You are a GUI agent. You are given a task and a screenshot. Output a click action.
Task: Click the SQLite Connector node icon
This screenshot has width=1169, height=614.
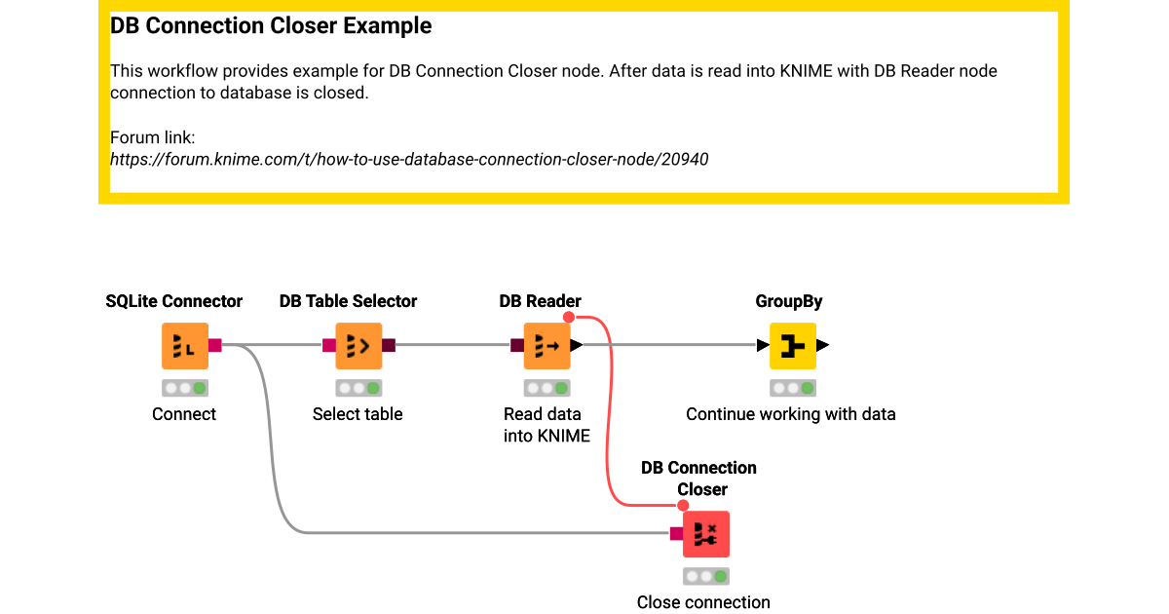(184, 346)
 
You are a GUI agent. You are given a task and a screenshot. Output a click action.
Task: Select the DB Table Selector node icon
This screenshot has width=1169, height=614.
(358, 346)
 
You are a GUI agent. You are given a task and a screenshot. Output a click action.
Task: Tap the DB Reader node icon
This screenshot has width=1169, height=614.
(547, 346)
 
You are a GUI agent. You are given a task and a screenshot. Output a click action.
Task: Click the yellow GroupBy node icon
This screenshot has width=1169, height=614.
(792, 346)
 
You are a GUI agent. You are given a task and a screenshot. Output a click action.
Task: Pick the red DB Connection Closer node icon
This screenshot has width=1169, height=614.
(705, 534)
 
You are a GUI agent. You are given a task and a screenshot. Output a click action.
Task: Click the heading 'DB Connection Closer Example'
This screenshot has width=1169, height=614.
(271, 26)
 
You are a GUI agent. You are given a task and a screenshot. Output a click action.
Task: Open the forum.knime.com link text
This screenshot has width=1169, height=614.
(409, 159)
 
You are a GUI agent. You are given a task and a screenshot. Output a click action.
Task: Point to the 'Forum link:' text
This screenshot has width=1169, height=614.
(153, 137)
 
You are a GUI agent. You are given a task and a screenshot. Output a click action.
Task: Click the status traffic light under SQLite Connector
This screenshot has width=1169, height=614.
(184, 388)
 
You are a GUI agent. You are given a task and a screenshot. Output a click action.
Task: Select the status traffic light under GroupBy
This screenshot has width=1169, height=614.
(792, 388)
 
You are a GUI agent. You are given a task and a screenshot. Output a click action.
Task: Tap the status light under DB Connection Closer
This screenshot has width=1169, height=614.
(705, 576)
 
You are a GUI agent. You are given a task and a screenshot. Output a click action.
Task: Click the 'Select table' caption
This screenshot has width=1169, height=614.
(358, 414)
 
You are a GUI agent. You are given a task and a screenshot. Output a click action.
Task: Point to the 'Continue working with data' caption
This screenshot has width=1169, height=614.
(790, 414)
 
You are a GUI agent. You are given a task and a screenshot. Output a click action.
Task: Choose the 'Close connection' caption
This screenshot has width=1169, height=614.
(703, 602)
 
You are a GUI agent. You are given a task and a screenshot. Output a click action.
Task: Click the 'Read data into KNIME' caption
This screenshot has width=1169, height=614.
(547, 425)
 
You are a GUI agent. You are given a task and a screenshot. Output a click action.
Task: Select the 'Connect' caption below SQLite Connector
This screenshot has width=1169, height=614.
(184, 414)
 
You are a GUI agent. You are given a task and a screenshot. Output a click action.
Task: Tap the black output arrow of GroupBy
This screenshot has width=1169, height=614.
(823, 345)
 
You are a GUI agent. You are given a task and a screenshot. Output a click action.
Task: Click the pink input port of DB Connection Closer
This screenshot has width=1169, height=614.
(676, 534)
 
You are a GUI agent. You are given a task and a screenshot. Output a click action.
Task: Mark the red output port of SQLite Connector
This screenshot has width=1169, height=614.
(215, 345)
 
